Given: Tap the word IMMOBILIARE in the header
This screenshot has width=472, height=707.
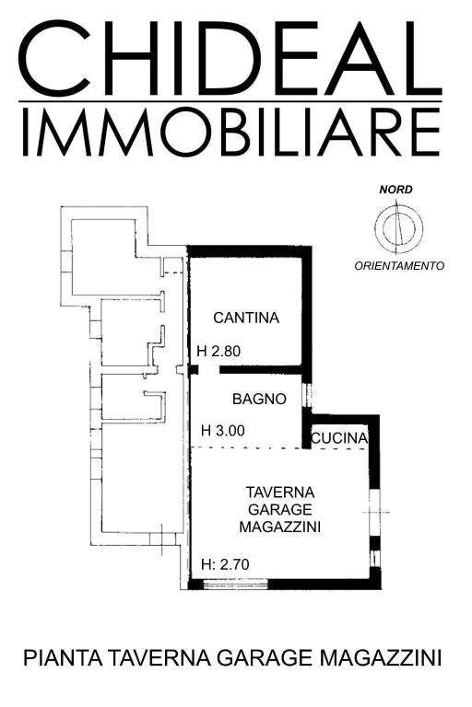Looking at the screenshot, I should (x=230, y=133).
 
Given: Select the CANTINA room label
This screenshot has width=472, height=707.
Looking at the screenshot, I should (x=245, y=319).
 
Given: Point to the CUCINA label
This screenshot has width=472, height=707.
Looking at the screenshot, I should (x=339, y=438).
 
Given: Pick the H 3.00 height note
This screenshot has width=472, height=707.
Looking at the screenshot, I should (x=224, y=430).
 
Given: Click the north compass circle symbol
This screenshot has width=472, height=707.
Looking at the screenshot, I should (x=398, y=226).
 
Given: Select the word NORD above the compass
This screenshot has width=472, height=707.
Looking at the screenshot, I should (x=396, y=191).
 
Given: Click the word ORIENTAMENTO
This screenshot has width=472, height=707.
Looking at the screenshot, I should (x=399, y=266).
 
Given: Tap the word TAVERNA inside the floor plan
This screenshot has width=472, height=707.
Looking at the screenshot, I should (x=280, y=492).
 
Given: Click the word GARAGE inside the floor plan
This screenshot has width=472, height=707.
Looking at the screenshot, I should (x=280, y=509).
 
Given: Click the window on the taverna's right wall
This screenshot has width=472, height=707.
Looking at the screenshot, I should (x=373, y=511).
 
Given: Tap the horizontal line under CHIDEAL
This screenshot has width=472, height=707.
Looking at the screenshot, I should (x=230, y=99).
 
